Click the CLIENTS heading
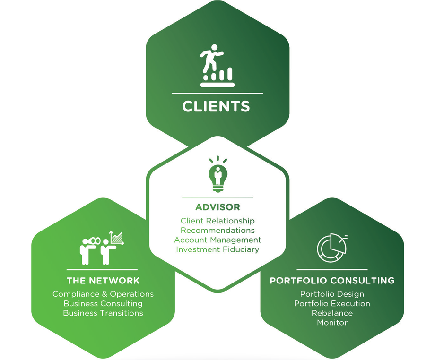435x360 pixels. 216,106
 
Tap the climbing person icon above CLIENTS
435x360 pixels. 217,65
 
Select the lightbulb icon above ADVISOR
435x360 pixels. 218,174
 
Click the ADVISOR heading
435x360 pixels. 217,207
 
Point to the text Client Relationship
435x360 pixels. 217,221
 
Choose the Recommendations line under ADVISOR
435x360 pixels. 217,230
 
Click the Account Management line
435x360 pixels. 217,240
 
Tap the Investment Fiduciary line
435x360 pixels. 217,249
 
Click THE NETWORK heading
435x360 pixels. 103,281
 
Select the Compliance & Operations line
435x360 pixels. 103,294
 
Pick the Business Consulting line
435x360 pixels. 103,303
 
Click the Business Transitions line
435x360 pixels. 103,313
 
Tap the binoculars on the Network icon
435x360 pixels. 93,241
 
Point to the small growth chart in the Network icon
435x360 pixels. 116,238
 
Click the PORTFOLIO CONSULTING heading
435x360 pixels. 332,281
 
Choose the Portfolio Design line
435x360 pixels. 332,294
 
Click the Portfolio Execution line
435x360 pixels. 332,303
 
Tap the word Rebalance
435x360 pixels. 332,313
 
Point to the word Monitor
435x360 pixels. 332,323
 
